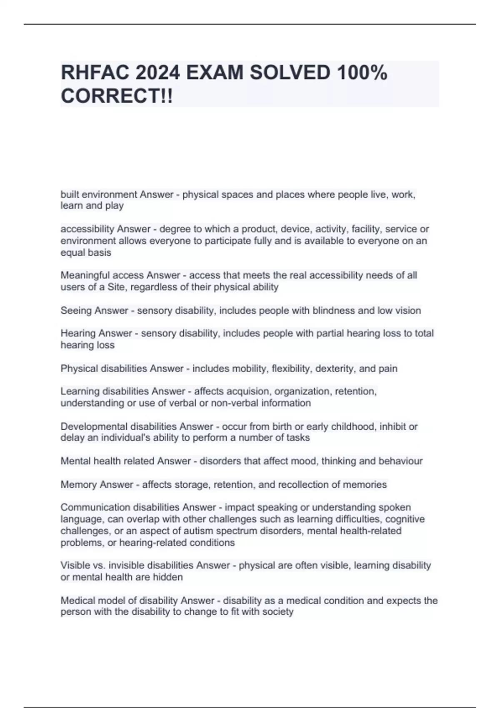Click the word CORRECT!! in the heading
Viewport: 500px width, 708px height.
tap(117, 97)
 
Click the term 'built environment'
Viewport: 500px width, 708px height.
tap(99, 194)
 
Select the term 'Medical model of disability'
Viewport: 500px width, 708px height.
tap(119, 601)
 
